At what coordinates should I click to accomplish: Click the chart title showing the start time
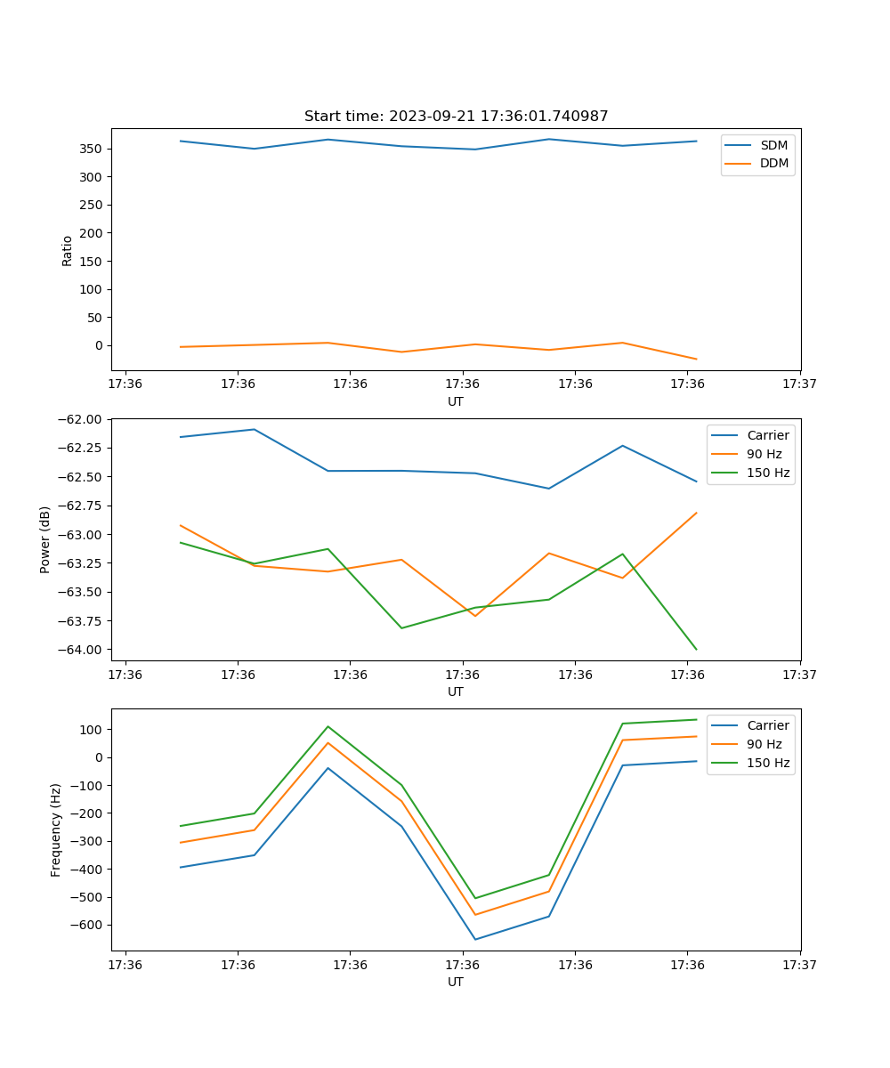[x=456, y=117]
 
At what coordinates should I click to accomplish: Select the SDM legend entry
[x=773, y=145]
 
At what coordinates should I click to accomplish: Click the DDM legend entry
[x=773, y=163]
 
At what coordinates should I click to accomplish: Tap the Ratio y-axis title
[x=68, y=250]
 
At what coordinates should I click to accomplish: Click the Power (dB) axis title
[x=45, y=540]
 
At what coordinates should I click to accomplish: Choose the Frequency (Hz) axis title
[x=56, y=829]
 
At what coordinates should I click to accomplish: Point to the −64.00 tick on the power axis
[x=79, y=650]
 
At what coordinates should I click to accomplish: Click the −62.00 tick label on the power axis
[x=79, y=419]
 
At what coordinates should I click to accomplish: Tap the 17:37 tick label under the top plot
[x=799, y=384]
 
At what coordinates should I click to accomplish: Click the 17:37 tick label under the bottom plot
[x=799, y=964]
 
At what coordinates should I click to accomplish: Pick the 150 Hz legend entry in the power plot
[x=768, y=473]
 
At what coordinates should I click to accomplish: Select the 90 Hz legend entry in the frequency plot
[x=764, y=744]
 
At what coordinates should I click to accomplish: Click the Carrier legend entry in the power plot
[x=767, y=435]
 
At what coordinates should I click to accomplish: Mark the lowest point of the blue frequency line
[x=475, y=939]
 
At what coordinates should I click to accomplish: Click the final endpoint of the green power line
[x=696, y=649]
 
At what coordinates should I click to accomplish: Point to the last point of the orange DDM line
[x=696, y=359]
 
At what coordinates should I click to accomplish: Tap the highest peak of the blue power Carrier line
[x=255, y=429]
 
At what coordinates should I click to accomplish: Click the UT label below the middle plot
[x=456, y=692]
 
